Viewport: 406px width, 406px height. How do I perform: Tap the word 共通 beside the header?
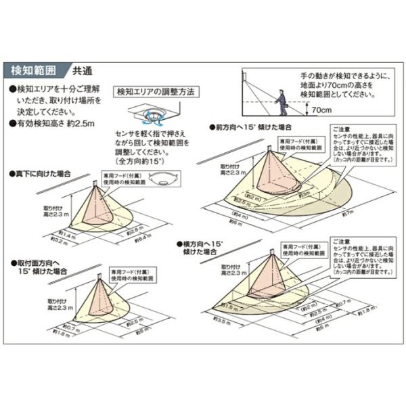[x=83, y=70]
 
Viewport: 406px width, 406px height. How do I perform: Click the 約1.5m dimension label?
[x=229, y=307]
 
